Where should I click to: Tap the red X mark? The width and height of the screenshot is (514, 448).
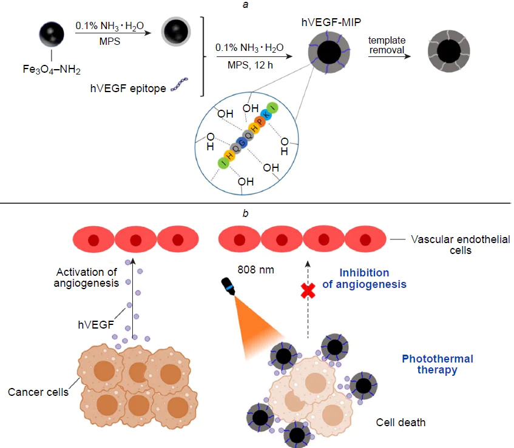point(309,292)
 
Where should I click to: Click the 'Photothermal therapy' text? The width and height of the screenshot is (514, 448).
point(438,364)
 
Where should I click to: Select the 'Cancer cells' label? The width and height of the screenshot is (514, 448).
point(38,392)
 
